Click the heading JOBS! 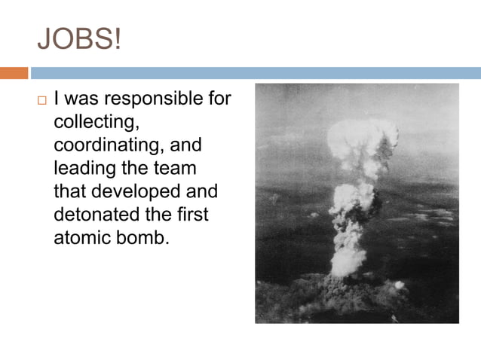tap(78, 38)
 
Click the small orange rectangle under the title tap(14, 73)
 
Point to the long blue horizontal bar tap(255, 73)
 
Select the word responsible tap(160, 99)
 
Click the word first tap(193, 215)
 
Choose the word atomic tap(80, 238)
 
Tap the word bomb tap(141, 238)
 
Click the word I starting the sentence tap(57, 99)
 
